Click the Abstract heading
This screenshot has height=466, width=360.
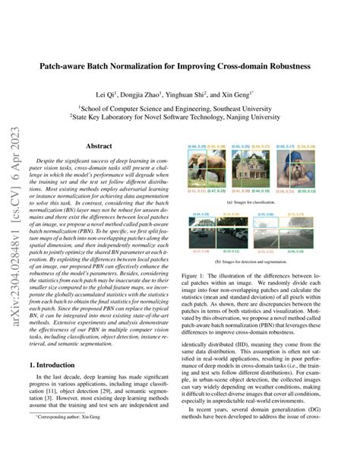click(x=99, y=145)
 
